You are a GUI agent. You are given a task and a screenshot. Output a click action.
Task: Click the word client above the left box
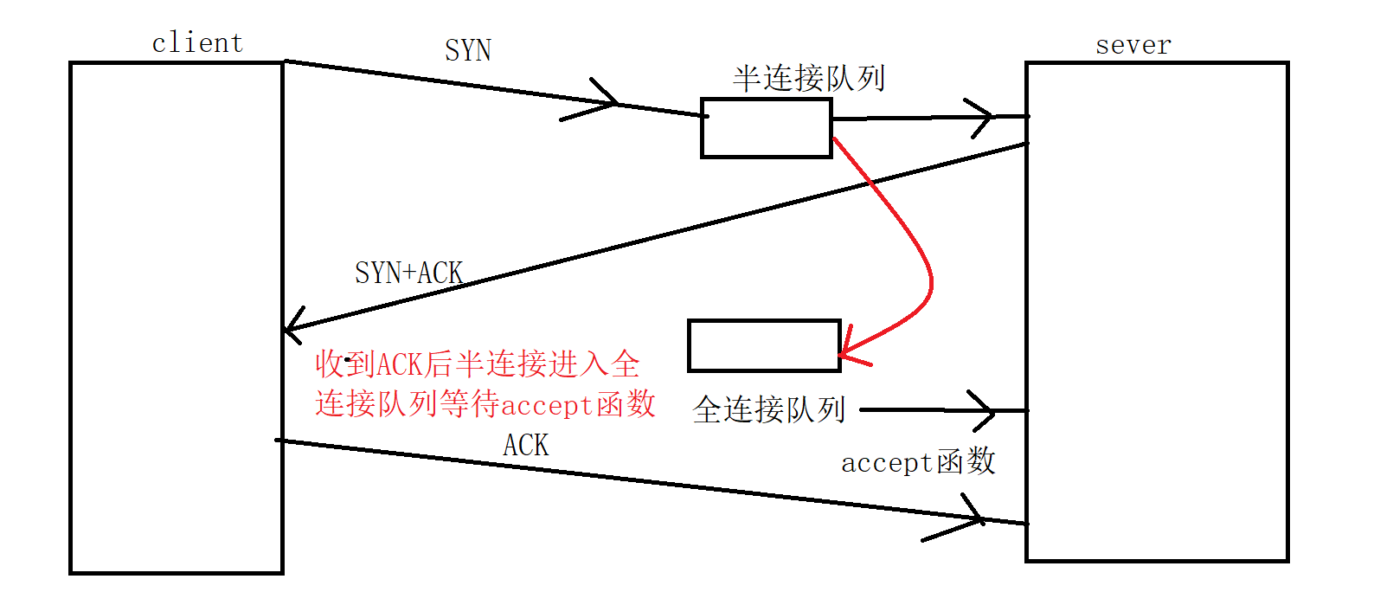coord(197,42)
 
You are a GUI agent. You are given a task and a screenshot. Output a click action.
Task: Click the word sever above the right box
coord(1133,44)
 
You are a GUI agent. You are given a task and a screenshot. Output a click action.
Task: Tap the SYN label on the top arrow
coord(468,50)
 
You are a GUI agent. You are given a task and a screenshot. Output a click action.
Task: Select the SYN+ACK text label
coord(408,273)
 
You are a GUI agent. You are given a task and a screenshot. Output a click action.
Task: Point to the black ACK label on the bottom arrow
coord(525,445)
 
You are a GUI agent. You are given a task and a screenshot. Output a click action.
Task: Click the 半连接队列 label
coord(808,78)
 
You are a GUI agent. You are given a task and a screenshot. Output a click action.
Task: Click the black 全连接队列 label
coord(768,409)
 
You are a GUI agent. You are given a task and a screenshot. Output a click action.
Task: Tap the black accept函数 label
coord(918,461)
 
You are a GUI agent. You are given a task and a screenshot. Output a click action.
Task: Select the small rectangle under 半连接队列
coord(766,128)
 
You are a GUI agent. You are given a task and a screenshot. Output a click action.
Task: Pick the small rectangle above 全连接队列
coord(764,345)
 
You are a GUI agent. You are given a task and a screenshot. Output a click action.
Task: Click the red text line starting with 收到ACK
coord(477,364)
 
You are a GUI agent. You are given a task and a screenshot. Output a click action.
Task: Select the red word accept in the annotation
coord(547,404)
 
